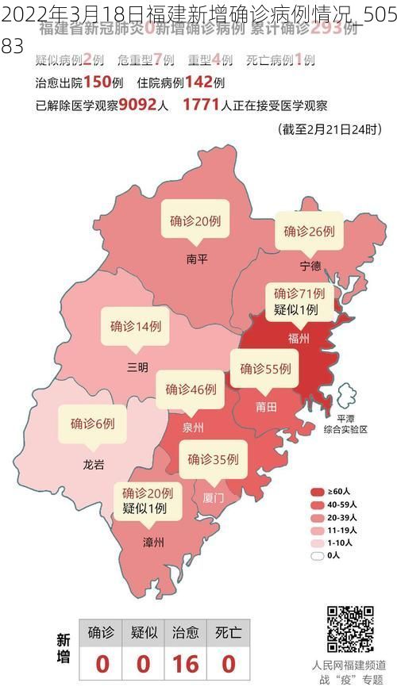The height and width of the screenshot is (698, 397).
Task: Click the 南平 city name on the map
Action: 196,258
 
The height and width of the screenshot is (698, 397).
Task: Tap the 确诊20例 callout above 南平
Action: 195,221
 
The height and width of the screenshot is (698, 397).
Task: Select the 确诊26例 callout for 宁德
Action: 309,231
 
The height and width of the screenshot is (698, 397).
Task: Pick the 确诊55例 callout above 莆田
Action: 265,369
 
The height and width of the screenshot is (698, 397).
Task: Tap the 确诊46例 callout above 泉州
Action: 191,389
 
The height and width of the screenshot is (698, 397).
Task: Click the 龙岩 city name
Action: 94,464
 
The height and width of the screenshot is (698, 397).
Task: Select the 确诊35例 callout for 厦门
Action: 213,458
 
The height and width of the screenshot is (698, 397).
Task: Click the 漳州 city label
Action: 153,543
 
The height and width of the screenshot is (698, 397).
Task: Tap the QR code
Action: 349,629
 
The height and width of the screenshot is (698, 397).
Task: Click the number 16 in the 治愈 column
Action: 186,663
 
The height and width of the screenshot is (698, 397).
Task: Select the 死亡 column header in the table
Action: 229,632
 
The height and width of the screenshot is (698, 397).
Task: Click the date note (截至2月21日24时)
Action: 330,128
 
